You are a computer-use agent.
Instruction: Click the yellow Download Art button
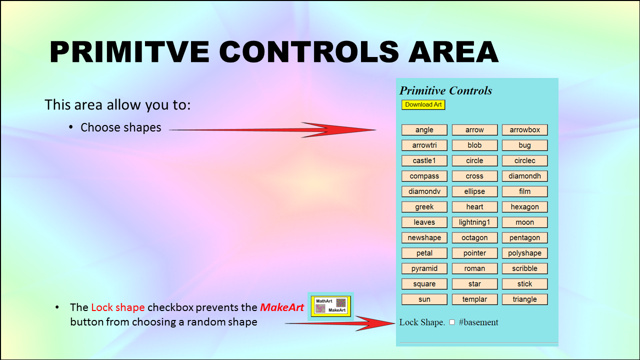click(x=423, y=104)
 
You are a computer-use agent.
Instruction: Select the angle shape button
click(x=424, y=129)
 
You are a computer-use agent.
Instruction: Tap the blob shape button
click(x=474, y=145)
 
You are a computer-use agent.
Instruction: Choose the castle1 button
click(x=424, y=160)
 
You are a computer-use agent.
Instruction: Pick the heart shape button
click(x=474, y=207)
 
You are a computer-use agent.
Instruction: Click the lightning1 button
click(x=474, y=222)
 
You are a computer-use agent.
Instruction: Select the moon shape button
click(x=525, y=222)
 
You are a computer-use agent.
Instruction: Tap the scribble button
click(x=525, y=268)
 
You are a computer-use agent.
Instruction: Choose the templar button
click(x=474, y=299)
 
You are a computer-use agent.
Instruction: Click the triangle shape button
click(x=525, y=299)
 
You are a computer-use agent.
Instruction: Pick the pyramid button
click(x=424, y=268)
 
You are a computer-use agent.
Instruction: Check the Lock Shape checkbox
click(x=452, y=322)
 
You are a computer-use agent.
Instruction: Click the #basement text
click(x=478, y=322)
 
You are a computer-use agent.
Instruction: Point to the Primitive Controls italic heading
click(x=445, y=90)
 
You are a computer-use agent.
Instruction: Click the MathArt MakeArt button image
click(x=331, y=306)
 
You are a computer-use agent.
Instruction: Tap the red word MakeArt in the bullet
click(x=282, y=307)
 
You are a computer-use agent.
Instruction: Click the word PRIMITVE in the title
click(x=129, y=51)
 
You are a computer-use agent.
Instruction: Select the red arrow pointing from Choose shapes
click(x=272, y=129)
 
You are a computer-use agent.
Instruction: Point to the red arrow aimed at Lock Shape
click(x=340, y=323)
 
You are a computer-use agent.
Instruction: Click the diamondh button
click(x=525, y=176)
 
